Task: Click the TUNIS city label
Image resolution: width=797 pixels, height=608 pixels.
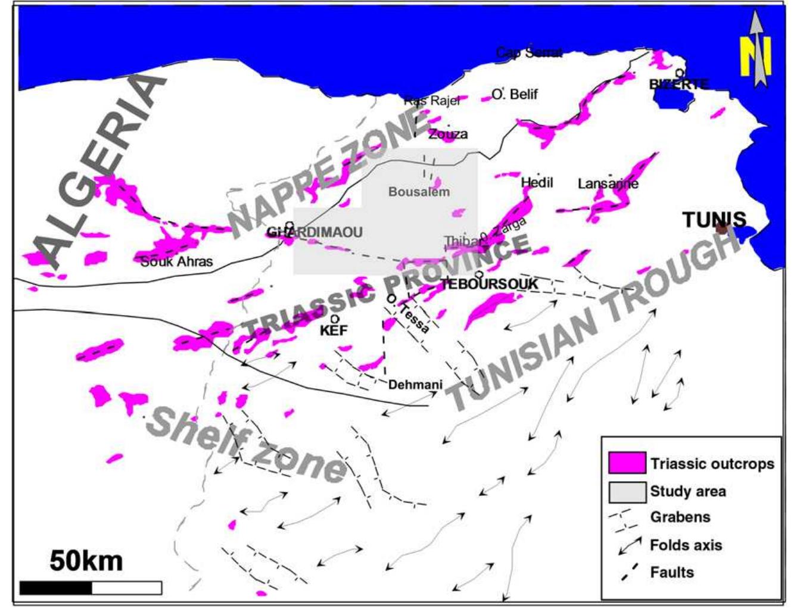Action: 714,220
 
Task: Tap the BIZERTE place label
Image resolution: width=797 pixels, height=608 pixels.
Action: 678,85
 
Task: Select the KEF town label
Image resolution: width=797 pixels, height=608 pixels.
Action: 333,330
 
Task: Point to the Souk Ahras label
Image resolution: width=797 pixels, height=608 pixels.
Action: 176,261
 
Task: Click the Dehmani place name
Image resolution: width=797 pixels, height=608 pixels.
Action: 415,385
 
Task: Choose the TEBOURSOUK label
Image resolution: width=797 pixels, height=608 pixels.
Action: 489,284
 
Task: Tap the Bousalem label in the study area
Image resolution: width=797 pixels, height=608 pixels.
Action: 419,192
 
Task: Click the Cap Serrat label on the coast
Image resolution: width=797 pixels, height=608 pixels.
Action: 529,53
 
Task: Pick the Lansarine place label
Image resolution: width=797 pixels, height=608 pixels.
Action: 608,183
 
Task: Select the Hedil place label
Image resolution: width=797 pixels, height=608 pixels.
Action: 537,182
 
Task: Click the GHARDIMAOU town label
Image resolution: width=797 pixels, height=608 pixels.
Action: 315,232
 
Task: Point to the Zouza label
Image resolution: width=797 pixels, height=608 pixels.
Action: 448,134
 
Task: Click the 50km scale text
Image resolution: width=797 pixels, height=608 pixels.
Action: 86,561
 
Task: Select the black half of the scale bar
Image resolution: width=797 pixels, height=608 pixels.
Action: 56,588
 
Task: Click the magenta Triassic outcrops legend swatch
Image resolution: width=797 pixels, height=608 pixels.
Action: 627,463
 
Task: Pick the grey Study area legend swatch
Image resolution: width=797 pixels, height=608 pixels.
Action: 627,491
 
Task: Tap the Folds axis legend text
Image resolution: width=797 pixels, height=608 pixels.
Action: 686,545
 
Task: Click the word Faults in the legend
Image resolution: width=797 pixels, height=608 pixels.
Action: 672,572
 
